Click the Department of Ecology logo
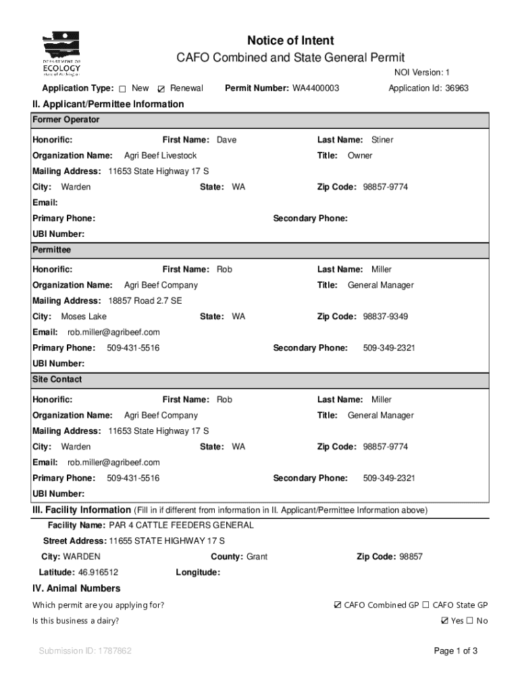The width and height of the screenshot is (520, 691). click(61, 55)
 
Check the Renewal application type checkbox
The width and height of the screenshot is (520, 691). click(161, 89)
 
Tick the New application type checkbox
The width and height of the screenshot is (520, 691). click(123, 89)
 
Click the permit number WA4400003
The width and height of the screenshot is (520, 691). click(315, 88)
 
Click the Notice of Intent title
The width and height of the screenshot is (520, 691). click(290, 40)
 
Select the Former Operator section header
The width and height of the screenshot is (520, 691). click(66, 119)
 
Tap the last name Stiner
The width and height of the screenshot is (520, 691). click(382, 140)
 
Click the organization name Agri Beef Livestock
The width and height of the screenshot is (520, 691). click(161, 155)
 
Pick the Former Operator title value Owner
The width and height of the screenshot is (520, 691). click(360, 155)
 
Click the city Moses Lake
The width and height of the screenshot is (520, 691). click(84, 316)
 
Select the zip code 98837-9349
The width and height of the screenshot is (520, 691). click(386, 316)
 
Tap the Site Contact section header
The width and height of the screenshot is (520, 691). click(57, 379)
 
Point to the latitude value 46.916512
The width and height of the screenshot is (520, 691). click(99, 572)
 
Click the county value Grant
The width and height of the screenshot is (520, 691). click(257, 557)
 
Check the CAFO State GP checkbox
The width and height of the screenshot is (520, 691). click(426, 605)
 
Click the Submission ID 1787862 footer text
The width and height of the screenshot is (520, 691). click(85, 651)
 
